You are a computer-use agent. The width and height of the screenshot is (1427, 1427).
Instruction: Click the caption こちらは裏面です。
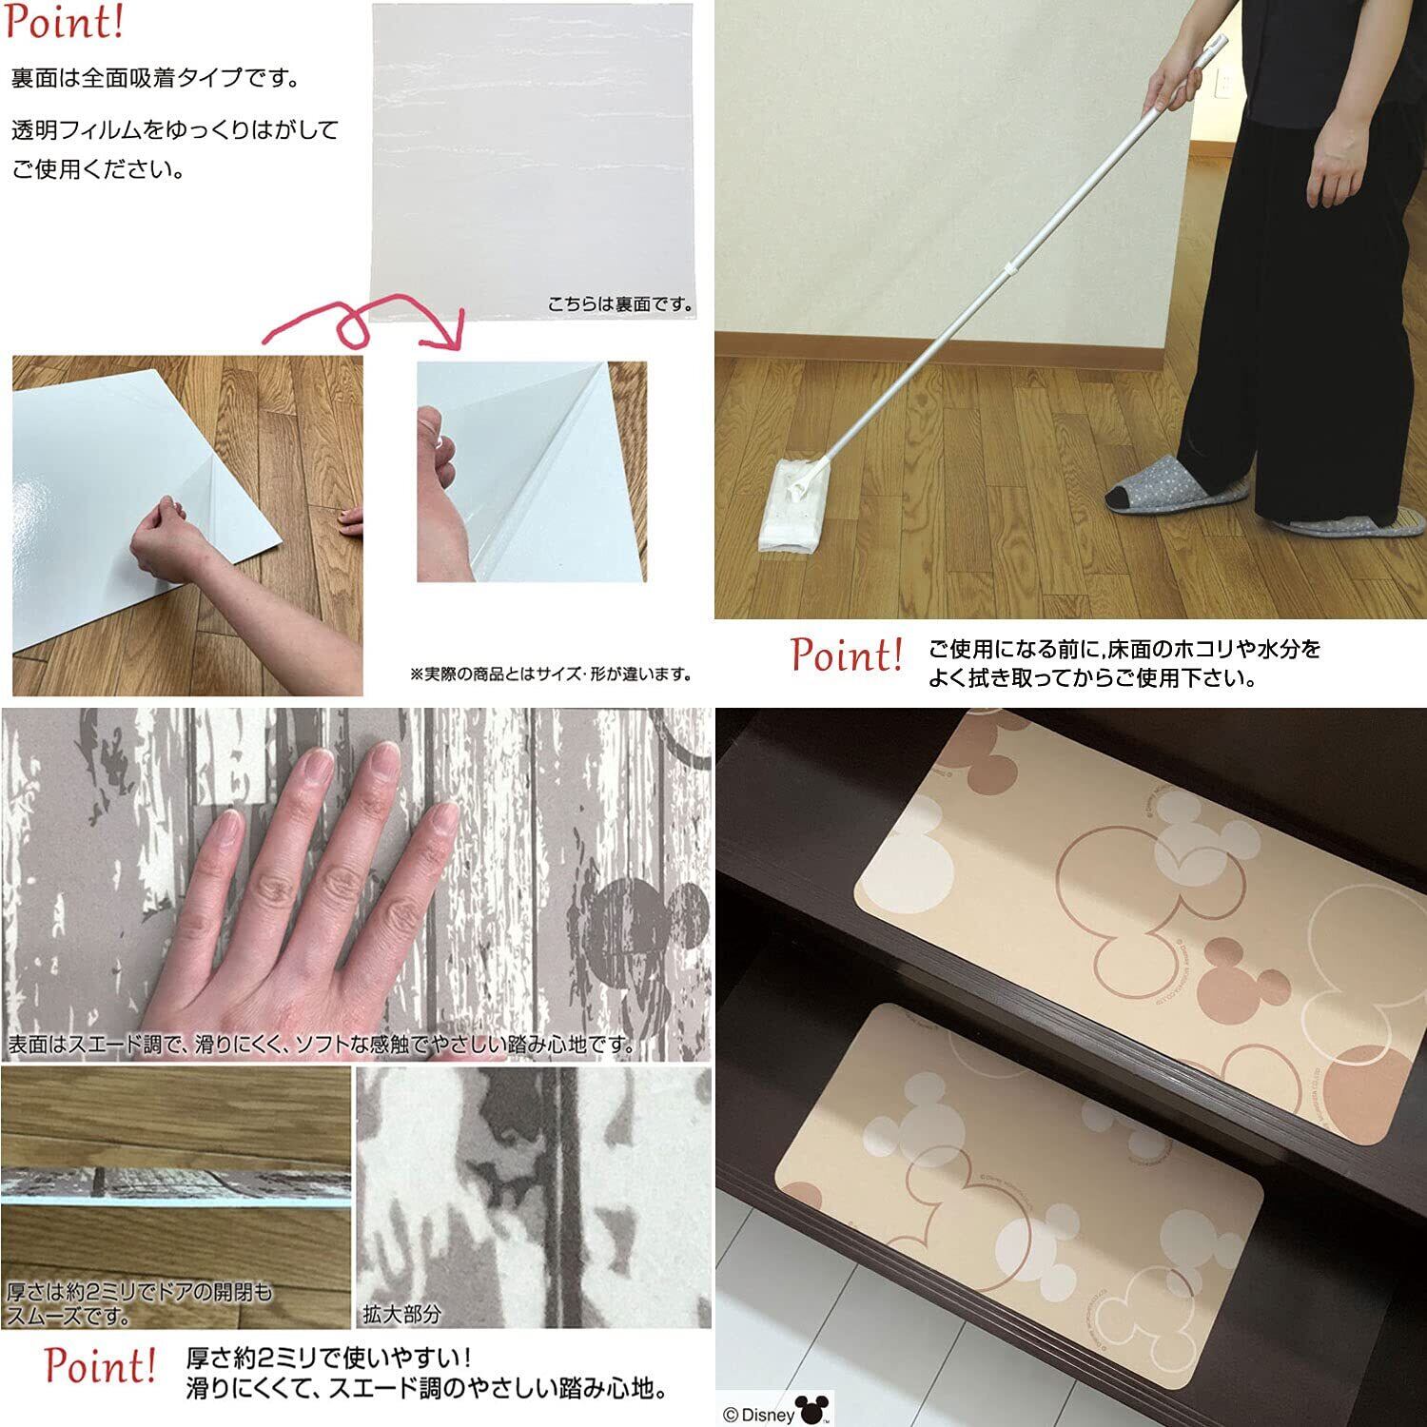tap(621, 305)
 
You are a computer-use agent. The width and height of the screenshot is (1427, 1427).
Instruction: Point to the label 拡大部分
tap(401, 1314)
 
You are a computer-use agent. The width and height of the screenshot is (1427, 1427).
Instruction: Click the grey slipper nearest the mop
tap(1177, 485)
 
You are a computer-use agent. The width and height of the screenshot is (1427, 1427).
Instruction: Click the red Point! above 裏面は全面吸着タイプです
tap(65, 23)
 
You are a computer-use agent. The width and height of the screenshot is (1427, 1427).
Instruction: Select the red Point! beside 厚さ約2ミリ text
tap(100, 1366)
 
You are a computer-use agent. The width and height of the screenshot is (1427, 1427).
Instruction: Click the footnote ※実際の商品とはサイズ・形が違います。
tap(551, 674)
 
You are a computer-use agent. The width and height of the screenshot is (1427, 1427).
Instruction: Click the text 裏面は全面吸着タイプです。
tap(156, 78)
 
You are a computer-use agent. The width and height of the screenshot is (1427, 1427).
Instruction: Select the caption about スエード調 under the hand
tap(322, 1044)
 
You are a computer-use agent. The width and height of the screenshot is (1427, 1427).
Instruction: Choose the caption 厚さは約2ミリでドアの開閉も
tap(140, 1292)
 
